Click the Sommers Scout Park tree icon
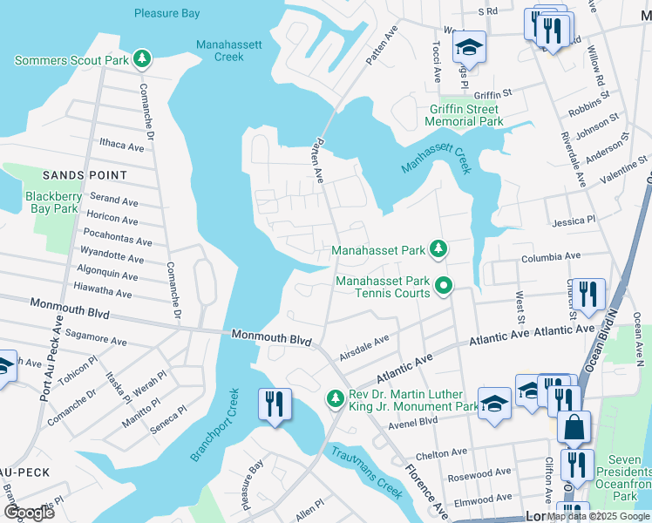141,60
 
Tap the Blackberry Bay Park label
54,202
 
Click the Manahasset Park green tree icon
438,251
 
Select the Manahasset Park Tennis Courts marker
445,285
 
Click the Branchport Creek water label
214,425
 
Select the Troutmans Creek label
366,471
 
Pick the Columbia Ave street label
550,257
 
